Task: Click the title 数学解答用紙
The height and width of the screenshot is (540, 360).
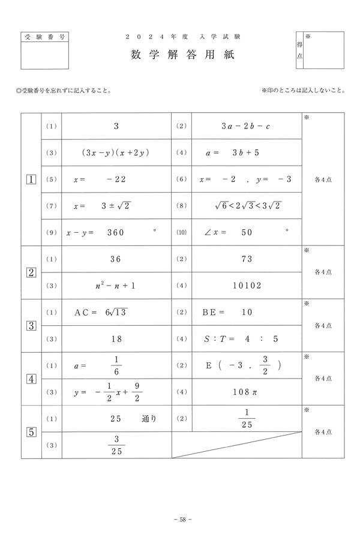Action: (x=180, y=55)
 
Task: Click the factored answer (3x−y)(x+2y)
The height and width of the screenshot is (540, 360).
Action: (x=116, y=152)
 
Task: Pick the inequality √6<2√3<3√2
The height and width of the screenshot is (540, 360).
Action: (x=248, y=205)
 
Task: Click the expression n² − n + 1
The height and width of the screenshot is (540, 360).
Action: (x=116, y=286)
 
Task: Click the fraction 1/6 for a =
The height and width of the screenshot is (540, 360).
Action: (x=116, y=365)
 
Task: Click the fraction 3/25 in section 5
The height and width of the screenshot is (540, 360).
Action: (x=116, y=445)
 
